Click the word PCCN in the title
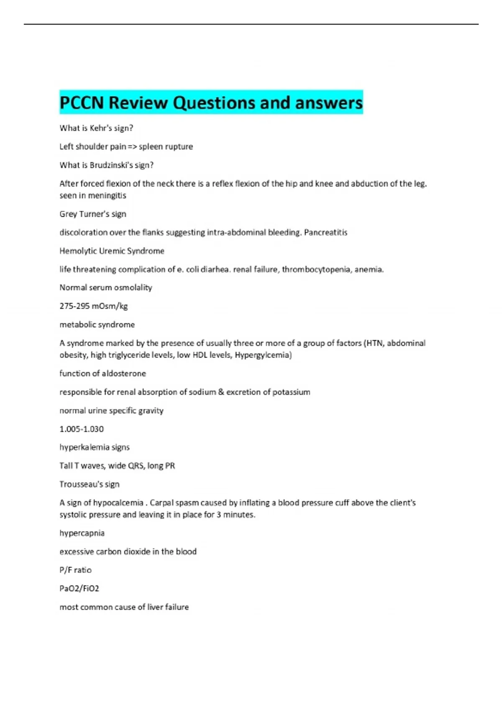coord(82,103)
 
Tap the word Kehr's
coord(101,128)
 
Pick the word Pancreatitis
coord(325,232)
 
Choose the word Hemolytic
coord(78,251)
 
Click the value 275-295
coord(74,306)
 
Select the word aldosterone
coord(124,373)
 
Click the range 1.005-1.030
coord(82,429)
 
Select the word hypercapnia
coord(82,533)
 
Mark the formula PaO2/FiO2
coord(79,588)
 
